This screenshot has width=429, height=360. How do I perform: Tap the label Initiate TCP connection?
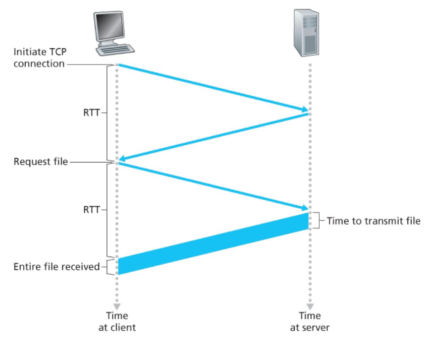pos(39,58)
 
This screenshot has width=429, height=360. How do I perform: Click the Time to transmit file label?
pos(374,221)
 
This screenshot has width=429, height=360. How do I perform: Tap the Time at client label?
pos(117,321)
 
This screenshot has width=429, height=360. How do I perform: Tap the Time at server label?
pos(310,321)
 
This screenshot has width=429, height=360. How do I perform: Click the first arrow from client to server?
pos(213,87)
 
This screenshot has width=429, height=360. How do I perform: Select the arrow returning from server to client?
pos(213,137)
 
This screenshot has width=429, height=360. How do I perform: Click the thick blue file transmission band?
pos(213,243)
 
